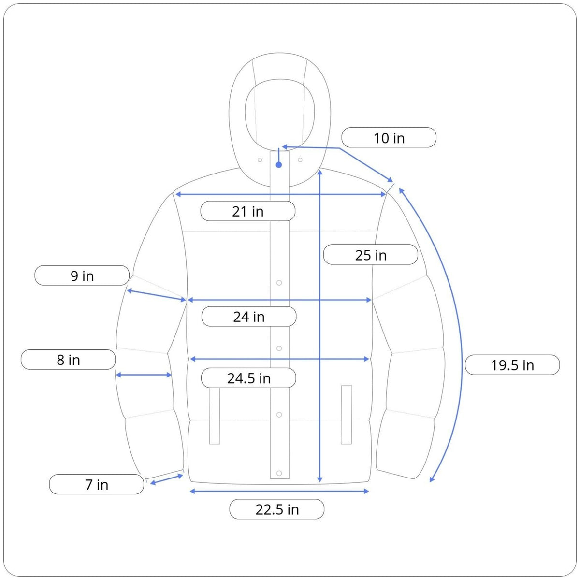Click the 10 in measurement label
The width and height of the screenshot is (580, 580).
(x=389, y=138)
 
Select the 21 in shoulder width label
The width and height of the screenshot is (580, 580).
(x=248, y=211)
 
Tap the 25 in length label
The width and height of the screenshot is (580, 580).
(x=371, y=255)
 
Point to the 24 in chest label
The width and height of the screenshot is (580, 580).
(x=249, y=316)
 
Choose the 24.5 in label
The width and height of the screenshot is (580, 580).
(x=248, y=378)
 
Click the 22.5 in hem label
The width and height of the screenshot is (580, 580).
(x=277, y=509)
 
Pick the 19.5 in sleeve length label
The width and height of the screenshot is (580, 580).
(x=512, y=365)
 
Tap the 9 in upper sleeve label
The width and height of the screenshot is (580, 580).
(x=82, y=275)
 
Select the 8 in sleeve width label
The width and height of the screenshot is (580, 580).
(x=68, y=360)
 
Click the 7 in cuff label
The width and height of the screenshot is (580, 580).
(x=97, y=484)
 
